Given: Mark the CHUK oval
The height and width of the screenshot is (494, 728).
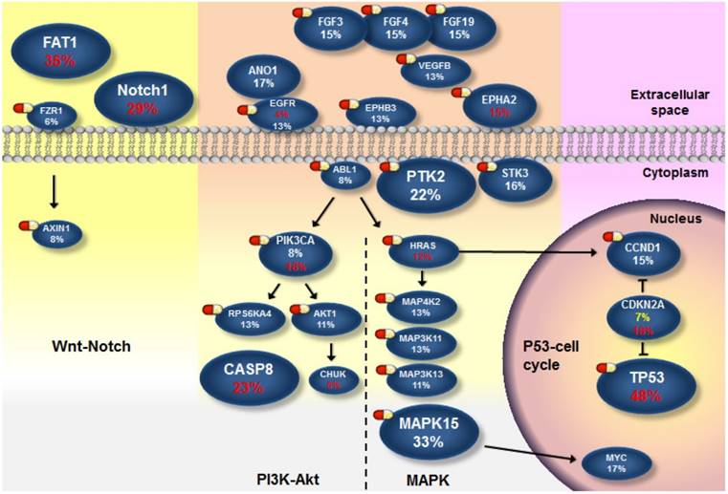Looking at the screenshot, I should pyautogui.click(x=334, y=379).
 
